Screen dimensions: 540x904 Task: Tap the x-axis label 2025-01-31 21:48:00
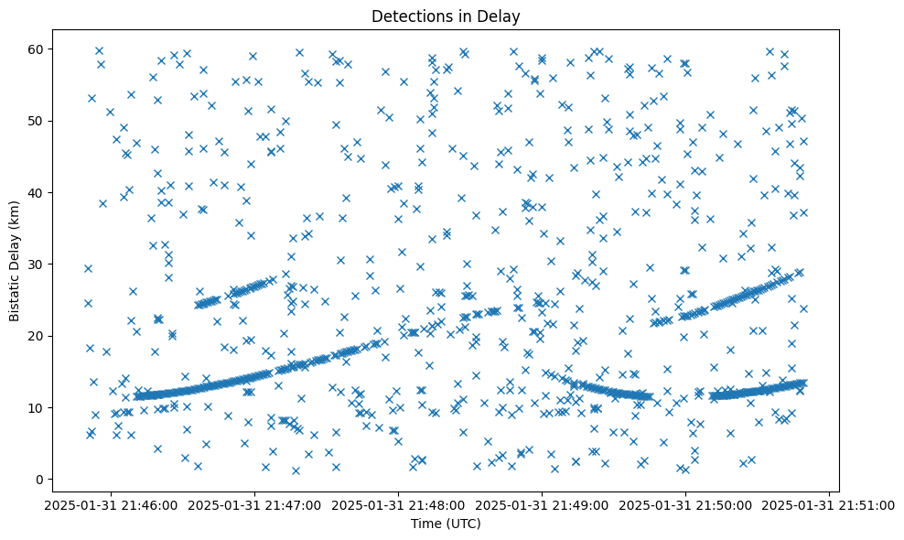pyautogui.click(x=399, y=504)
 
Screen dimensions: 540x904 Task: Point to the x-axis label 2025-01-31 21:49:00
pyautogui.click(x=543, y=504)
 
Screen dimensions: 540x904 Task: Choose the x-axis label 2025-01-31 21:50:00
pyautogui.click(x=686, y=504)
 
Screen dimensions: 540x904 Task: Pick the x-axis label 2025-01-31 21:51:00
pyautogui.click(x=829, y=504)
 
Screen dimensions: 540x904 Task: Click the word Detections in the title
pyautogui.click(x=406, y=16)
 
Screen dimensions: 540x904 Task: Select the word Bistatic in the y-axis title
pyautogui.click(x=16, y=292)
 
